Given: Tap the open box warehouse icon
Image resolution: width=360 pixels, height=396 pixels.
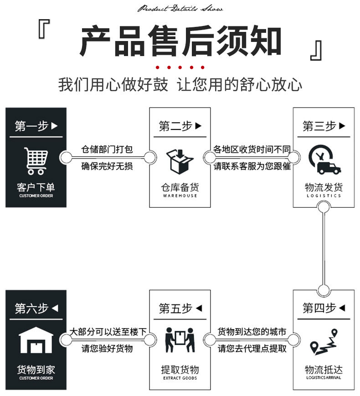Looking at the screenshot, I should coord(180,161).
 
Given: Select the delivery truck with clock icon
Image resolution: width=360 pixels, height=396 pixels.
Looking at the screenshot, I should coord(324,160).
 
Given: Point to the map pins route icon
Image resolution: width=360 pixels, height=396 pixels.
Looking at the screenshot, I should coord(324,342).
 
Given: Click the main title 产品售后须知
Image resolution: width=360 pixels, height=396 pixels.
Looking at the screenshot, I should coord(180,42).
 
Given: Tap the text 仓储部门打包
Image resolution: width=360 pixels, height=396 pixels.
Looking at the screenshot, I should coord(107,149).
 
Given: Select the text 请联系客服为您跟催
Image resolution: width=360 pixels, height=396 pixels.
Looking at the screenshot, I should coord(252,166).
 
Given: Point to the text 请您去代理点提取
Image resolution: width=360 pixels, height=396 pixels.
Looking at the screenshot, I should coord(252,349).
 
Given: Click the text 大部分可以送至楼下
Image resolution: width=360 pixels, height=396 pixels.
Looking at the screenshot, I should coord(108,332).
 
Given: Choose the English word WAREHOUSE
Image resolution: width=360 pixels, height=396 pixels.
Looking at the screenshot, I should coord(180,196).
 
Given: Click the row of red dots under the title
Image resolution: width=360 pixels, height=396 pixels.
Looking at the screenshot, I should coord(180,67).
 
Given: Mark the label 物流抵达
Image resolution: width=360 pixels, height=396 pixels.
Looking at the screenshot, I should coord(324,370).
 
